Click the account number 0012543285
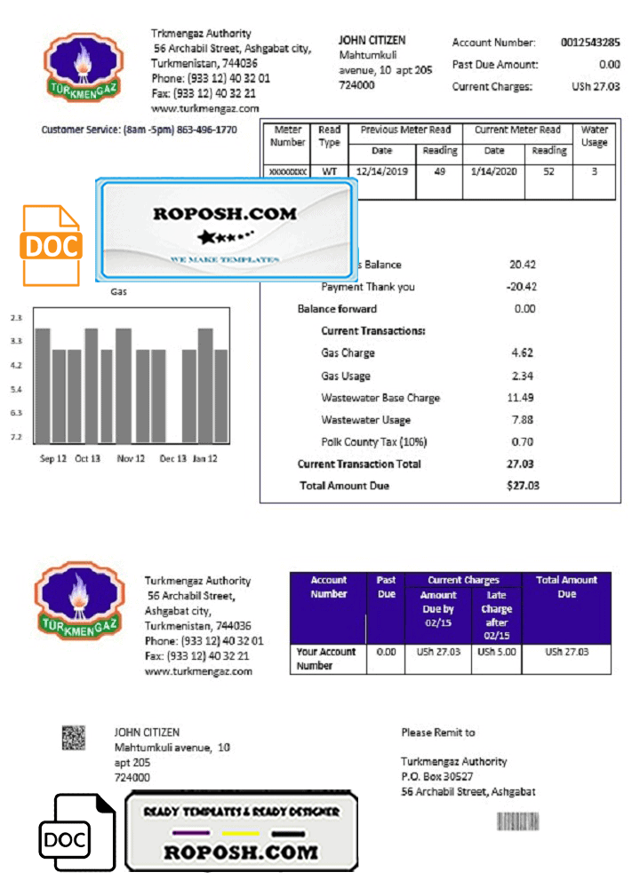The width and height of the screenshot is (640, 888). point(590,43)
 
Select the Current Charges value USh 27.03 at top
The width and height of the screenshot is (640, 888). point(596,87)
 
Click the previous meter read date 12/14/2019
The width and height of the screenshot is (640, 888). point(381,171)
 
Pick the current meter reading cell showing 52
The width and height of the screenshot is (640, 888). point(548,171)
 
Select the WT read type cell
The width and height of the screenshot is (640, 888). point(329,171)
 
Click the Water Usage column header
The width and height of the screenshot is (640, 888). point(594,136)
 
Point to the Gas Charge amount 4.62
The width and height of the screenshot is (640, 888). point(522,353)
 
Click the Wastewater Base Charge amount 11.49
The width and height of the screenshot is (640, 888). point(520,398)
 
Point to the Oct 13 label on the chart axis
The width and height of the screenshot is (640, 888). point(87,459)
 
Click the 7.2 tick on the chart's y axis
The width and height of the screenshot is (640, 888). point(16,437)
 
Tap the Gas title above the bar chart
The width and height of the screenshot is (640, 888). point(117,291)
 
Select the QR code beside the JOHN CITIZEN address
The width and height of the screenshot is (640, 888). point(73,736)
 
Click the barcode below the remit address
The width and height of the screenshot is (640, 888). point(517,821)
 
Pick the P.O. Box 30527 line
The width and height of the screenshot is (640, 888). point(436,777)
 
